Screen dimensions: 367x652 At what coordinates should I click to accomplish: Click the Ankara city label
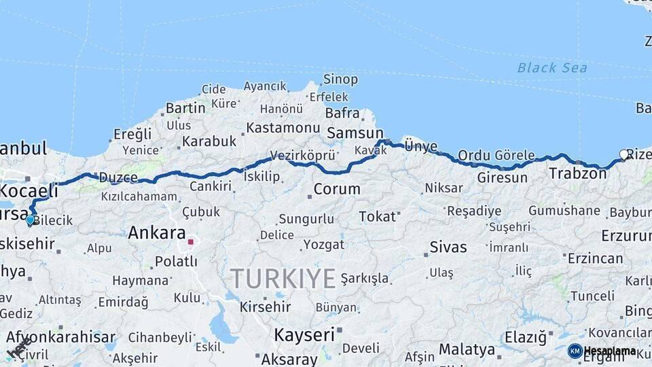click(156, 233)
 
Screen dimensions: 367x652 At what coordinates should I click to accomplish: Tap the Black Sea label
click(551, 67)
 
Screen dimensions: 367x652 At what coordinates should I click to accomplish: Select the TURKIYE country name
click(283, 279)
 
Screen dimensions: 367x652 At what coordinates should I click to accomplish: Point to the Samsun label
click(355, 133)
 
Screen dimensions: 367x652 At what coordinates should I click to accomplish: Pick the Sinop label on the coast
click(340, 80)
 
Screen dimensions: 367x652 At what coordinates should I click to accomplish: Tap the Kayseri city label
click(305, 334)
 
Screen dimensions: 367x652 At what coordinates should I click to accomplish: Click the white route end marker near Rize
click(623, 154)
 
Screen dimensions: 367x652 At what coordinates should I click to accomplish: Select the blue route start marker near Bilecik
click(29, 220)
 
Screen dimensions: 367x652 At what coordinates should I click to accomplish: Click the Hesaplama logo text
click(610, 351)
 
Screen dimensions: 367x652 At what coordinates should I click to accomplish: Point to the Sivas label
click(448, 247)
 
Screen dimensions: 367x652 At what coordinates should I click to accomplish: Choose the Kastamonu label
click(283, 128)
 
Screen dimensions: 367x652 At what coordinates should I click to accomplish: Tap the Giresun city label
click(503, 178)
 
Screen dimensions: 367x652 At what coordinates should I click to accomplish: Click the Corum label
click(337, 189)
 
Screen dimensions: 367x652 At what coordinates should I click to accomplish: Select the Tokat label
click(377, 216)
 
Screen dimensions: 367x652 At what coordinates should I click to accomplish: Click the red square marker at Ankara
click(191, 241)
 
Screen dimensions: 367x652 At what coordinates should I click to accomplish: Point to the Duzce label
click(118, 178)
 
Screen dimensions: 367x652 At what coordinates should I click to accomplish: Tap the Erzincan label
click(595, 258)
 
